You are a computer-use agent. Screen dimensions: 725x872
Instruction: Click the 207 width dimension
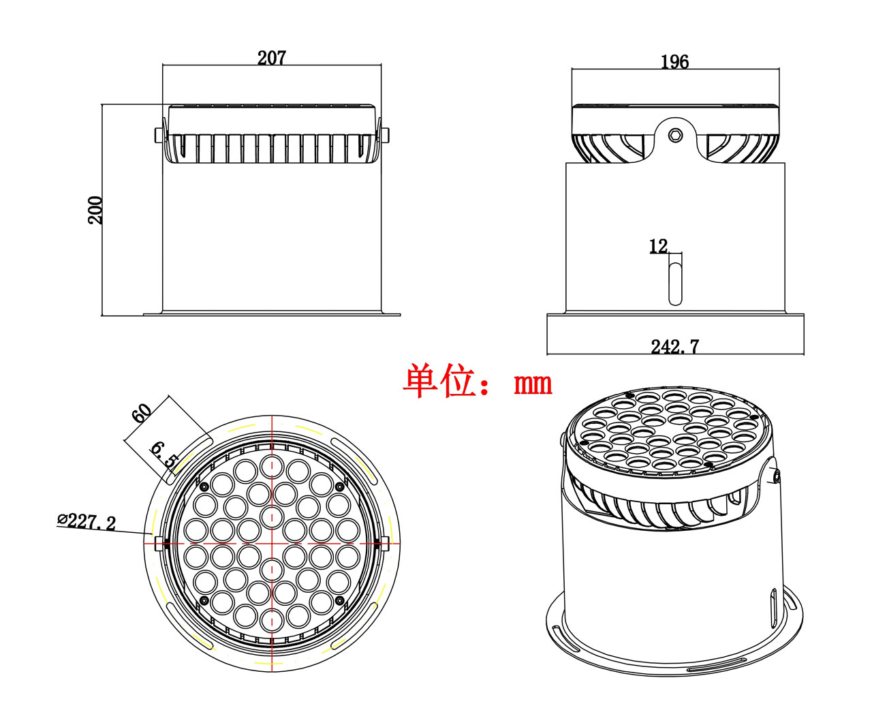click(271, 58)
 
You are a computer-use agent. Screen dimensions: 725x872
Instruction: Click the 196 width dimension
click(674, 62)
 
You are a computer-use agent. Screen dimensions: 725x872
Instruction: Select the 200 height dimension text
click(95, 210)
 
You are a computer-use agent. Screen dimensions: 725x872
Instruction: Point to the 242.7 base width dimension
click(674, 347)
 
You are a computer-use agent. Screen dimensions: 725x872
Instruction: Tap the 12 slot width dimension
click(658, 246)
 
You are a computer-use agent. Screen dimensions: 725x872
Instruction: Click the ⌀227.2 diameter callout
click(87, 522)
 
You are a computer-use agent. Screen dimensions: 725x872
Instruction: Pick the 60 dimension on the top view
click(142, 413)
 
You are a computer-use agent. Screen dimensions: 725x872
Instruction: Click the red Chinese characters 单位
click(439, 382)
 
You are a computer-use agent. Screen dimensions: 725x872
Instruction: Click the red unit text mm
click(533, 384)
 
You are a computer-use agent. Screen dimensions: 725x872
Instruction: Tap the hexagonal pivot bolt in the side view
click(675, 134)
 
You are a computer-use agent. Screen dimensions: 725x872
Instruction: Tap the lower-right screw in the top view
click(339, 600)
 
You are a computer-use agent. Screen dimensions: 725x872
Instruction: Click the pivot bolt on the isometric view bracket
click(776, 476)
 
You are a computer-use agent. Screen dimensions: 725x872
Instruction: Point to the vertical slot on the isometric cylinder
click(773, 608)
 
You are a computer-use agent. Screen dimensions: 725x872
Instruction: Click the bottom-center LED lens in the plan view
click(272, 619)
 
